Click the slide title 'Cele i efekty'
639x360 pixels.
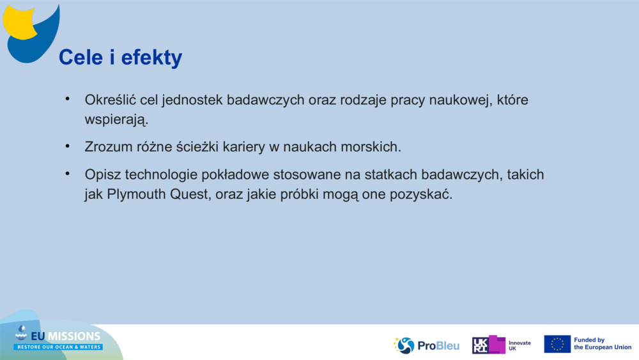120,58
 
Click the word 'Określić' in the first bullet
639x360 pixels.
110,100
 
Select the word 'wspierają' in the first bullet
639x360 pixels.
116,120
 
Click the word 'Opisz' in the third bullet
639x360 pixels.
102,175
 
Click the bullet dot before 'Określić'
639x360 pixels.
67,99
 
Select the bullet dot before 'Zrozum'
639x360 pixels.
67,146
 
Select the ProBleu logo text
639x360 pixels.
438,345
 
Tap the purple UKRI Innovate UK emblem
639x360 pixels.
489,345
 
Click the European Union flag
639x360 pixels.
557,344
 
